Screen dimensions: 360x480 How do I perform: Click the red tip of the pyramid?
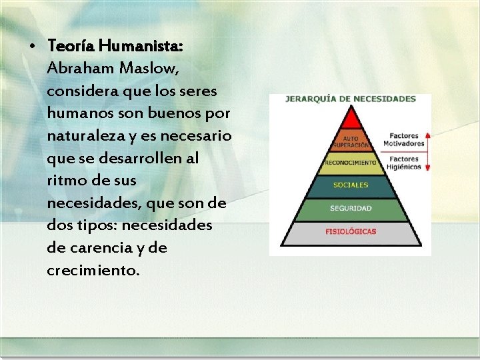pyautogui.click(x=350, y=119)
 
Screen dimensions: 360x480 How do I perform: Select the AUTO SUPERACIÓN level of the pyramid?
pyautogui.click(x=350, y=142)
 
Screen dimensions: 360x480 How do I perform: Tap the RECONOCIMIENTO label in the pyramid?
pyautogui.click(x=350, y=162)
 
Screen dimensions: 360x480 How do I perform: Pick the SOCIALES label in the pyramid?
pyautogui.click(x=350, y=185)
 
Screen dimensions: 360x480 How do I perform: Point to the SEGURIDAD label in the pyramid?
pyautogui.click(x=350, y=208)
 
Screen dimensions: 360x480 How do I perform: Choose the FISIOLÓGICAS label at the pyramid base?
pyautogui.click(x=350, y=232)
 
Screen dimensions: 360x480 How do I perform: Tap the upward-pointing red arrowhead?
pyautogui.click(x=428, y=135)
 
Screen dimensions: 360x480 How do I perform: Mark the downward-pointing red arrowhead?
pyautogui.click(x=428, y=170)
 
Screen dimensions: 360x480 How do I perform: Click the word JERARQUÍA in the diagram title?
pyautogui.click(x=309, y=99)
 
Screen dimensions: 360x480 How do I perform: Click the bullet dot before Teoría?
pyautogui.click(x=33, y=47)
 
